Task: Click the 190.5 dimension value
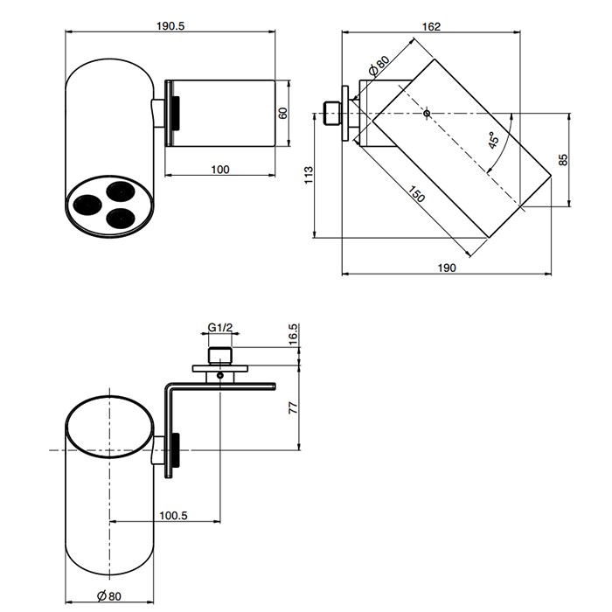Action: [x=172, y=26]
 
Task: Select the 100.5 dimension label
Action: [x=174, y=515]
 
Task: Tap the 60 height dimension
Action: [x=283, y=114]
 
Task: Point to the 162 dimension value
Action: [x=430, y=26]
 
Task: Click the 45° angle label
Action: [x=496, y=142]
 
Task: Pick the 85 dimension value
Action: [x=564, y=160]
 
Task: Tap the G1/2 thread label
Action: [x=220, y=328]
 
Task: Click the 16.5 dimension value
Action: [x=294, y=333]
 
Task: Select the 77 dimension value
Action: [x=294, y=407]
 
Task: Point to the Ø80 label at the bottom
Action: [x=108, y=597]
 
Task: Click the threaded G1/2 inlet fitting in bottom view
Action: [x=220, y=356]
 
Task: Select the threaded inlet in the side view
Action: [x=332, y=114]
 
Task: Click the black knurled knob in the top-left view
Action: [x=175, y=113]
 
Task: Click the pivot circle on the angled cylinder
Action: [x=427, y=114]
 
